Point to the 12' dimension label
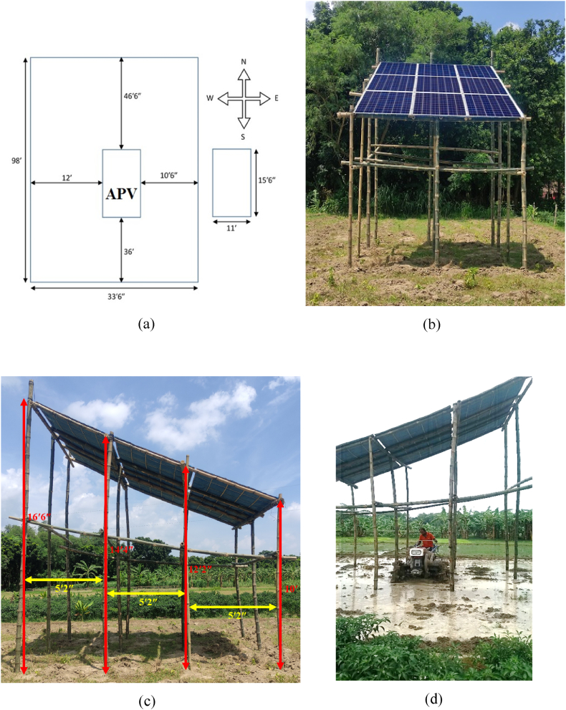(67, 176)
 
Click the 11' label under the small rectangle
(231, 233)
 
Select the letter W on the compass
(209, 98)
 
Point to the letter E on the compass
(277, 98)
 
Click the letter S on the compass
(244, 135)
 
